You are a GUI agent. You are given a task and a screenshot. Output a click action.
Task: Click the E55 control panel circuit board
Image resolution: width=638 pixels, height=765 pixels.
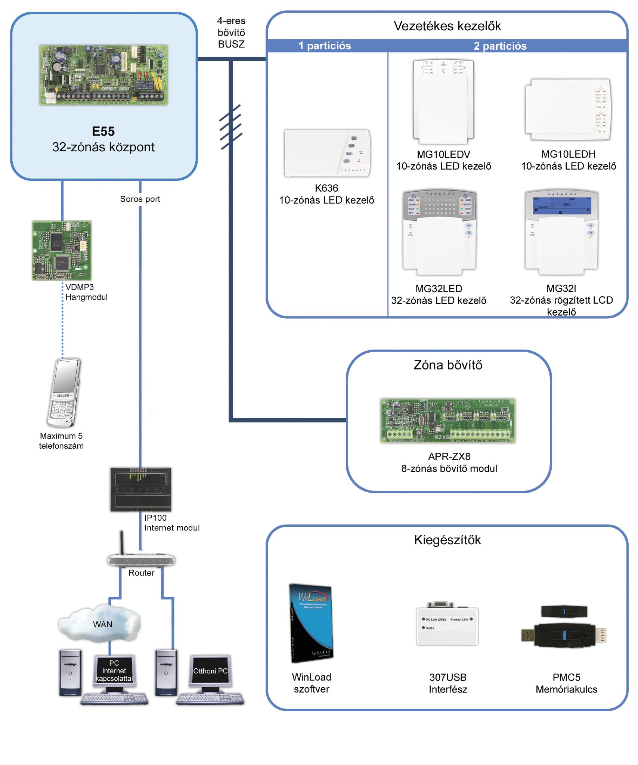point(103,75)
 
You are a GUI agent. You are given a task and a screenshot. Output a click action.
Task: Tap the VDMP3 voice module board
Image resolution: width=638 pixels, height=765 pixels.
point(62,250)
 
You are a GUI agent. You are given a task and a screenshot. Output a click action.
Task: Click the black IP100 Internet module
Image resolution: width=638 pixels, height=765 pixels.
point(141,489)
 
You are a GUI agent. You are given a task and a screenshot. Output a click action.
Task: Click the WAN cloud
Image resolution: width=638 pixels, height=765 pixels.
point(100,624)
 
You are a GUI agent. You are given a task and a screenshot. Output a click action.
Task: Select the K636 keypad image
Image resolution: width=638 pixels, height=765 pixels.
point(327,153)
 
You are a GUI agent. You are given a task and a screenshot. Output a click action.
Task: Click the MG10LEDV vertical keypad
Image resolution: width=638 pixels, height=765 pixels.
point(443,103)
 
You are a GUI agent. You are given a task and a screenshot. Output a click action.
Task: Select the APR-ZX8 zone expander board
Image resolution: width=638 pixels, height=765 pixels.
point(448,421)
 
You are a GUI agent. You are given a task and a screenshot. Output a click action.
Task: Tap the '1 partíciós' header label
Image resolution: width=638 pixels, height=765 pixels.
point(325,46)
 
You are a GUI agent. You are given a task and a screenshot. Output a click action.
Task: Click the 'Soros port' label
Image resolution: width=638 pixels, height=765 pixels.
point(140,199)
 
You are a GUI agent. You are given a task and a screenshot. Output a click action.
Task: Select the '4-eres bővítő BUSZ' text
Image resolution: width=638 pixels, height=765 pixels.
point(231,32)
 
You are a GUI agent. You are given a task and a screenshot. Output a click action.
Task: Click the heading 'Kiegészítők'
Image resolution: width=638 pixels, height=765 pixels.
point(447,540)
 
